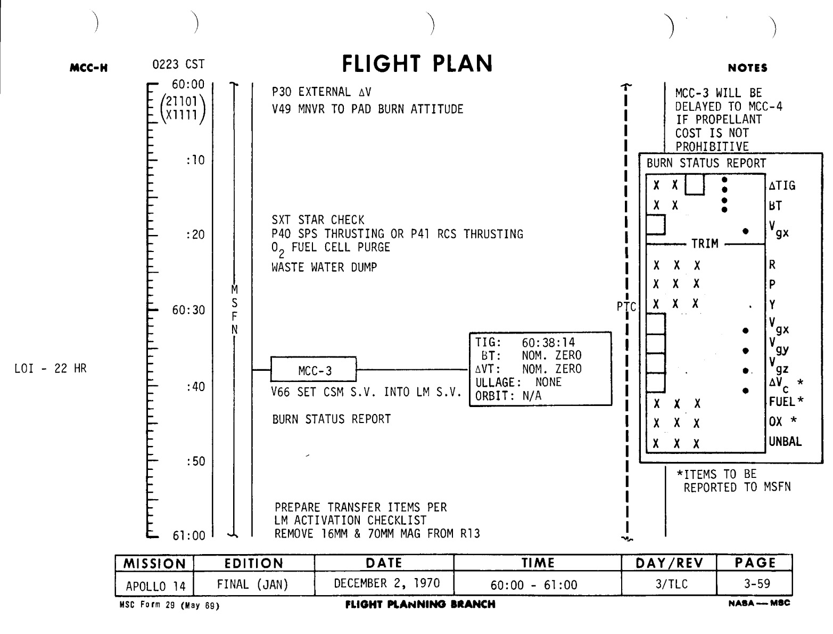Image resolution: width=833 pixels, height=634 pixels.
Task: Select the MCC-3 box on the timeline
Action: pyautogui.click(x=314, y=369)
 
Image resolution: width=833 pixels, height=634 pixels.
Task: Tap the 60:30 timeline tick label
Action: pyautogui.click(x=188, y=310)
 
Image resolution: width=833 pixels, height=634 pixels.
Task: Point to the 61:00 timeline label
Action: pyautogui.click(x=188, y=535)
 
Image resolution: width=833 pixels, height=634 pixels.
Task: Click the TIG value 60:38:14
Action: pyautogui.click(x=548, y=343)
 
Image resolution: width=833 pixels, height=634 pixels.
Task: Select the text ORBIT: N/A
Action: pyautogui.click(x=508, y=396)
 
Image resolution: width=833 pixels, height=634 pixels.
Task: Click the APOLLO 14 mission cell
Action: pyautogui.click(x=155, y=586)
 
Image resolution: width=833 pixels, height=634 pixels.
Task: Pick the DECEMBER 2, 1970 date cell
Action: pyautogui.click(x=386, y=583)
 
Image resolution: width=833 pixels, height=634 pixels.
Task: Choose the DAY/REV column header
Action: pyautogui.click(x=670, y=563)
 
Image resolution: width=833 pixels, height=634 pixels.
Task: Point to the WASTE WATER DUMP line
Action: pyautogui.click(x=324, y=267)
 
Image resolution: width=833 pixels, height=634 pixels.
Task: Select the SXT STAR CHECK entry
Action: pyautogui.click(x=318, y=220)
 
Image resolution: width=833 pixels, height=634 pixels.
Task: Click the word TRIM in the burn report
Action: pyautogui.click(x=705, y=244)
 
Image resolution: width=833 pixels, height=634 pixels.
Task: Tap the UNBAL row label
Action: pyautogui.click(x=785, y=442)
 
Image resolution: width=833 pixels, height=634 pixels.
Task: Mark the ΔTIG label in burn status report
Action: pyautogui.click(x=782, y=185)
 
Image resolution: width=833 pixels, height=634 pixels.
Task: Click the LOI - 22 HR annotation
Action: pyautogui.click(x=50, y=369)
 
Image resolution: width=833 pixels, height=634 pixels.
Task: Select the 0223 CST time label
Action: pyautogui.click(x=178, y=65)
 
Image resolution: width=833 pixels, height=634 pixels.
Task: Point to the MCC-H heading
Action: pyautogui.click(x=89, y=68)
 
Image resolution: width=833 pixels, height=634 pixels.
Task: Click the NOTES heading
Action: pyautogui.click(x=748, y=68)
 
